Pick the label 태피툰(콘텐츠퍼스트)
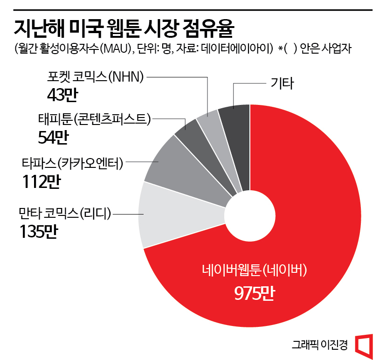tap(94, 120)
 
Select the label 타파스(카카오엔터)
tap(72, 164)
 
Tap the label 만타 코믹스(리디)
tap(64, 214)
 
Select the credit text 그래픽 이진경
tap(320, 345)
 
